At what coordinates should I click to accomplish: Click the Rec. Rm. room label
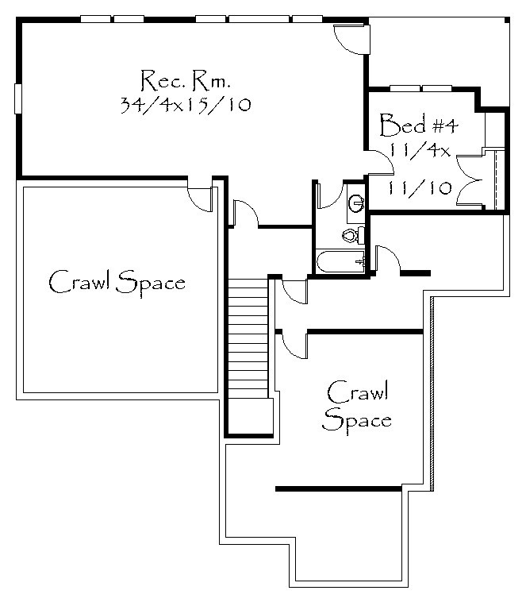(x=186, y=81)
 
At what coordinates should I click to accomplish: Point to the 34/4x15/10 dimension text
(x=186, y=104)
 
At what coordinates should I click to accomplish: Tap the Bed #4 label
(x=419, y=125)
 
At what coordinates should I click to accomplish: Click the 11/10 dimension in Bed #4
(x=420, y=187)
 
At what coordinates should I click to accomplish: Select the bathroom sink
(x=356, y=203)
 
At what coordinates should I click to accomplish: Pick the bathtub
(x=340, y=261)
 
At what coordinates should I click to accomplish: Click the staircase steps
(x=248, y=338)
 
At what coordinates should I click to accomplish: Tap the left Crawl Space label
(x=117, y=282)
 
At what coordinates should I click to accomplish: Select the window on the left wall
(x=17, y=98)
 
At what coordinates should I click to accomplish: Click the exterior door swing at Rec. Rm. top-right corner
(x=350, y=40)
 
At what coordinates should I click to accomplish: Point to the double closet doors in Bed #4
(x=470, y=179)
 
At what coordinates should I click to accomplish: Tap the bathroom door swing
(x=330, y=196)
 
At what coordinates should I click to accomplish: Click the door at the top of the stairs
(x=245, y=212)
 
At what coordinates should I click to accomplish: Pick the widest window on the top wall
(x=259, y=19)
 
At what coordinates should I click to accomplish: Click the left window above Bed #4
(x=405, y=88)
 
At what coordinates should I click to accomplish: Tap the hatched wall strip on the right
(x=432, y=394)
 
